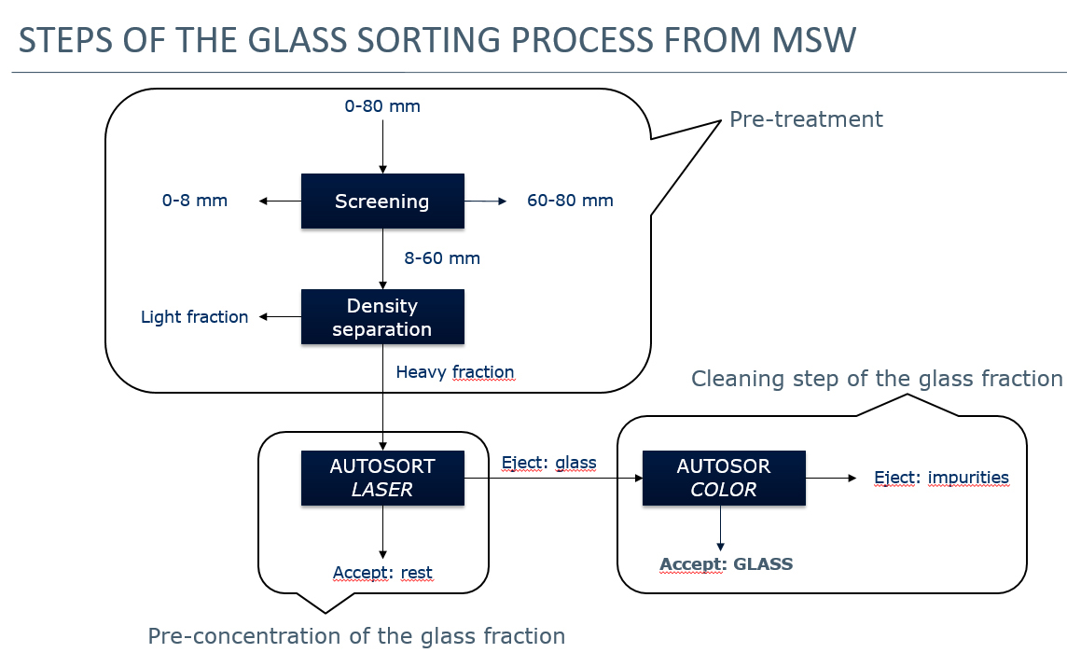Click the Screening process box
tap(382, 201)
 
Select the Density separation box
tap(382, 317)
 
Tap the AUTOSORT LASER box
tap(382, 478)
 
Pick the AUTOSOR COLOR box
tap(724, 478)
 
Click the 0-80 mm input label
tap(382, 106)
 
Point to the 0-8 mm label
tap(194, 201)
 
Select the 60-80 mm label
tap(570, 201)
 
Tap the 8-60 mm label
tap(442, 258)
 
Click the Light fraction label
tap(194, 317)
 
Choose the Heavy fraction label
tap(455, 372)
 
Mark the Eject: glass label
tap(548, 462)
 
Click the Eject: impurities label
tap(941, 478)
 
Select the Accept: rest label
tap(382, 573)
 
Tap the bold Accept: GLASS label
tap(726, 564)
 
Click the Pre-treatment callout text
tap(806, 119)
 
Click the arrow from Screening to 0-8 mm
tap(280, 201)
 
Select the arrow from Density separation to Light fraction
tap(280, 317)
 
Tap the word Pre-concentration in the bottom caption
tap(245, 636)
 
